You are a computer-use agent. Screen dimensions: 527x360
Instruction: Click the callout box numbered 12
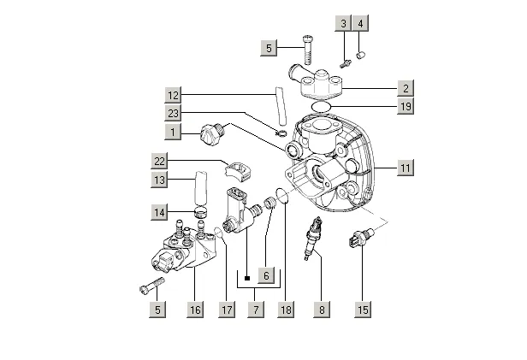tap(173, 95)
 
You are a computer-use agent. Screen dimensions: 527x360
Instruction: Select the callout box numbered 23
tap(173, 113)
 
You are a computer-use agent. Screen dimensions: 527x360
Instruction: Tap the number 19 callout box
tap(406, 106)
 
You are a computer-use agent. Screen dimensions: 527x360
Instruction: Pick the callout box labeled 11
tap(406, 168)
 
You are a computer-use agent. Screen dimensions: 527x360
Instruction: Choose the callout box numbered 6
tap(266, 275)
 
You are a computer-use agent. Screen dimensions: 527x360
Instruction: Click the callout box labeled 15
tap(363, 310)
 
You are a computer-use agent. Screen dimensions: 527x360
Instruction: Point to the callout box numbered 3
tap(343, 23)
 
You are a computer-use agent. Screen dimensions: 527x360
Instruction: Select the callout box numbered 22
tap(159, 162)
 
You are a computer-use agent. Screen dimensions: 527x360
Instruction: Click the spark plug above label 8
tap(312, 238)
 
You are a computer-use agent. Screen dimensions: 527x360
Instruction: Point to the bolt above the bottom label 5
tap(152, 286)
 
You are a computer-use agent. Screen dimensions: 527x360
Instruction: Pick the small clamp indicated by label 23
tap(281, 133)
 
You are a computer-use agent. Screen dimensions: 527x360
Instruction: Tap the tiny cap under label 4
tap(361, 55)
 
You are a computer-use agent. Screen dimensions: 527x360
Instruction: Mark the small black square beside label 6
tap(247, 278)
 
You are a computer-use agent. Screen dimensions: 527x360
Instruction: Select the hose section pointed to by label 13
tap(201, 188)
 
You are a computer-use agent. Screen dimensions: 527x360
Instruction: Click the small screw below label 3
tap(345, 63)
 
